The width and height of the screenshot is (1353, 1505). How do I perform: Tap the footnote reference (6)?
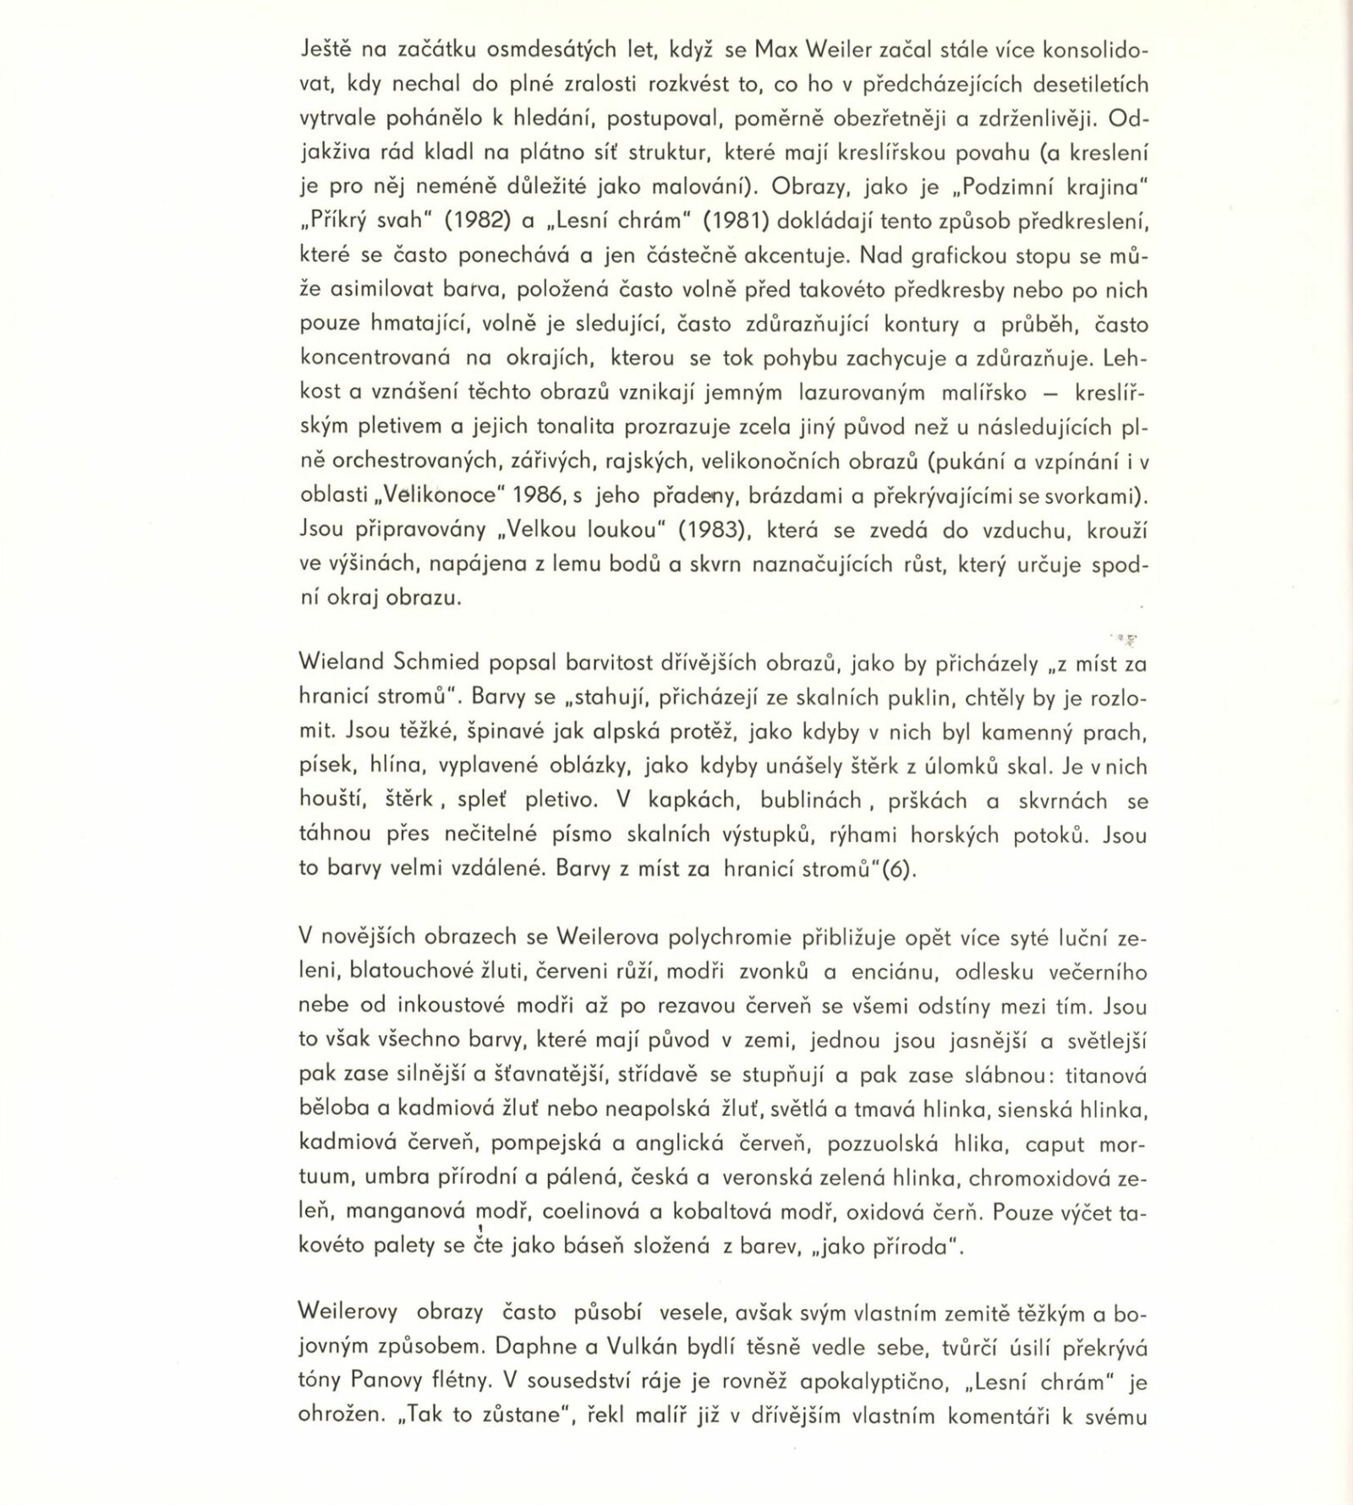tap(899, 870)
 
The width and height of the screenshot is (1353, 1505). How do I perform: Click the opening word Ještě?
tap(328, 50)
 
